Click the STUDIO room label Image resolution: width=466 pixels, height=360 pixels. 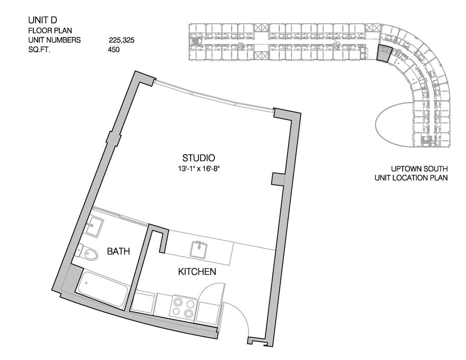[198, 158]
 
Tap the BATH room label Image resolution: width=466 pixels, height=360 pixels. [118, 251]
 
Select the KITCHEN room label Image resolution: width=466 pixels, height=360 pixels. [197, 272]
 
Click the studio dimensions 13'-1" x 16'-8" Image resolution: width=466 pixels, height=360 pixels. [198, 168]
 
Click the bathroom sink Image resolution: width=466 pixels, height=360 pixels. [95, 225]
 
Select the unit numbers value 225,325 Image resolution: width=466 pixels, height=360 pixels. [122, 40]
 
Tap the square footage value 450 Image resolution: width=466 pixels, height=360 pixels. [114, 50]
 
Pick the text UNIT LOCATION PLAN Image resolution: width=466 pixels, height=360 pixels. [411, 177]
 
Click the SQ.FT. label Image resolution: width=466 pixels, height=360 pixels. [39, 50]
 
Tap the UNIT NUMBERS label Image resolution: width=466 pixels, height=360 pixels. [54, 40]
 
